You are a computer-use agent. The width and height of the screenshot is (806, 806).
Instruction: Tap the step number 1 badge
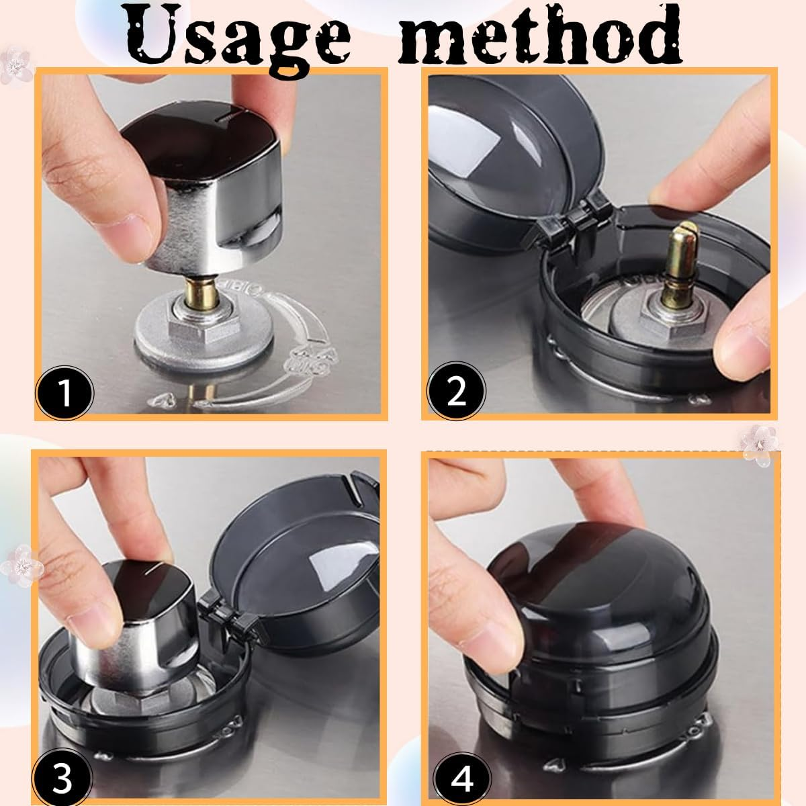64,393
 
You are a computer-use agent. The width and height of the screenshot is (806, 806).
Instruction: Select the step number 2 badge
456,392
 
